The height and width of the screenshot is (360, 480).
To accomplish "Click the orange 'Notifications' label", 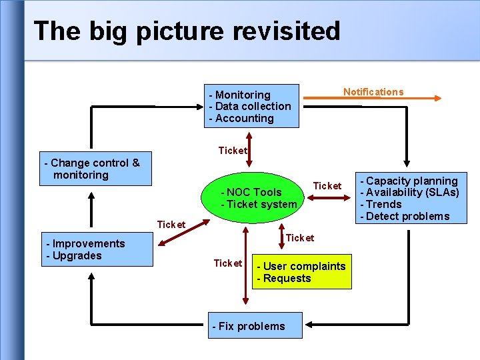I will point(373,92).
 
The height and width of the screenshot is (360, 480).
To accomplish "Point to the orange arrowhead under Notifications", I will point(437,99).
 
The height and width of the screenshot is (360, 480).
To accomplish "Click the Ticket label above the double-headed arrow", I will point(327,186).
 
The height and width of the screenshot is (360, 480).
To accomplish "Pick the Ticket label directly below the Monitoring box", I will point(232,151).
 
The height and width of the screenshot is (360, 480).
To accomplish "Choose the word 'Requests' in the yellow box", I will point(287,279).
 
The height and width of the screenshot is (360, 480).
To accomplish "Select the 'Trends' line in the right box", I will point(384,205).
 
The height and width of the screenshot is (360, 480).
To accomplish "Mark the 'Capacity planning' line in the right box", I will point(412,181).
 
